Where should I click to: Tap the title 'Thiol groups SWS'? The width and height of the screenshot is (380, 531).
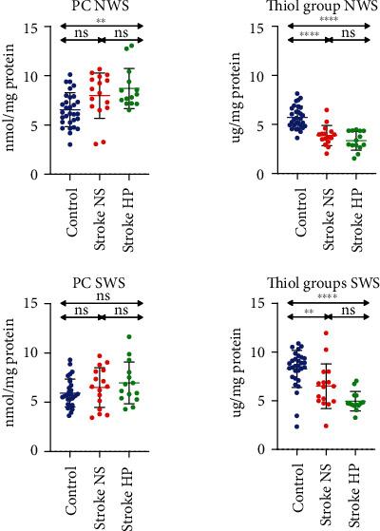305,282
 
